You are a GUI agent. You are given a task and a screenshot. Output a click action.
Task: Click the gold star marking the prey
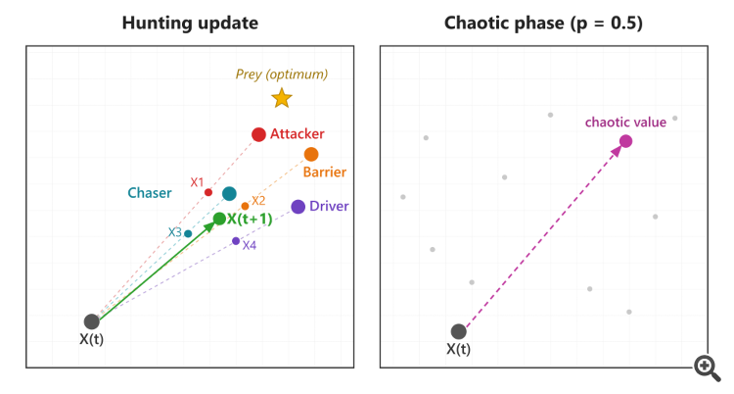(x=282, y=98)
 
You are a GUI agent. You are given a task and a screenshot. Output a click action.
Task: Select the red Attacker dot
(x=259, y=134)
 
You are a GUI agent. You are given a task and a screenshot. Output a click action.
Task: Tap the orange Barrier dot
(x=311, y=154)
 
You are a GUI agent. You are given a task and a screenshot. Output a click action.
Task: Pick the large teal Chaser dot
(x=229, y=194)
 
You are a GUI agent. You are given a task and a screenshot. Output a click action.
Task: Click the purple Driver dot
(x=298, y=207)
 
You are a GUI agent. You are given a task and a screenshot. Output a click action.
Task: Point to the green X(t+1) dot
(x=219, y=219)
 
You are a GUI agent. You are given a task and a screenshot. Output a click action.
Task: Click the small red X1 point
(x=208, y=192)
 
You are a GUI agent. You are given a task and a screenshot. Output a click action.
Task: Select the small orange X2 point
(x=245, y=207)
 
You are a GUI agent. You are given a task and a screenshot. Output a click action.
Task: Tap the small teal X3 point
(x=188, y=233)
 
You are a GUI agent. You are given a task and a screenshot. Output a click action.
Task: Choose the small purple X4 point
(x=236, y=241)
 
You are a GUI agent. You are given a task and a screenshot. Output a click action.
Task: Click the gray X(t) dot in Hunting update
(x=92, y=321)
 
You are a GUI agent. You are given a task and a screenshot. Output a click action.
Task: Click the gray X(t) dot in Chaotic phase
(x=459, y=331)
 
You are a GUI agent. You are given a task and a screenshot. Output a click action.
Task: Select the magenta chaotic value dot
(x=626, y=141)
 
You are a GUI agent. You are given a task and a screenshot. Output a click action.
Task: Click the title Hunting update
(x=190, y=23)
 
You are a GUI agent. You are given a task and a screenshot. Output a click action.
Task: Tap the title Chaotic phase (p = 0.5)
(x=543, y=23)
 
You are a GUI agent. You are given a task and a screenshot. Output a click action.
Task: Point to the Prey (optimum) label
(x=281, y=74)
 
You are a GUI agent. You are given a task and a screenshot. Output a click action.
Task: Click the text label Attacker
(x=298, y=133)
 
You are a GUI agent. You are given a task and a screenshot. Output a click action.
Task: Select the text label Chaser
(x=150, y=193)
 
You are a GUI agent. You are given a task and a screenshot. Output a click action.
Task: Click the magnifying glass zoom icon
(x=708, y=369)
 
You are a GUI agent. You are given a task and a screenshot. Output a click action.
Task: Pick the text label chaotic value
(x=626, y=122)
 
